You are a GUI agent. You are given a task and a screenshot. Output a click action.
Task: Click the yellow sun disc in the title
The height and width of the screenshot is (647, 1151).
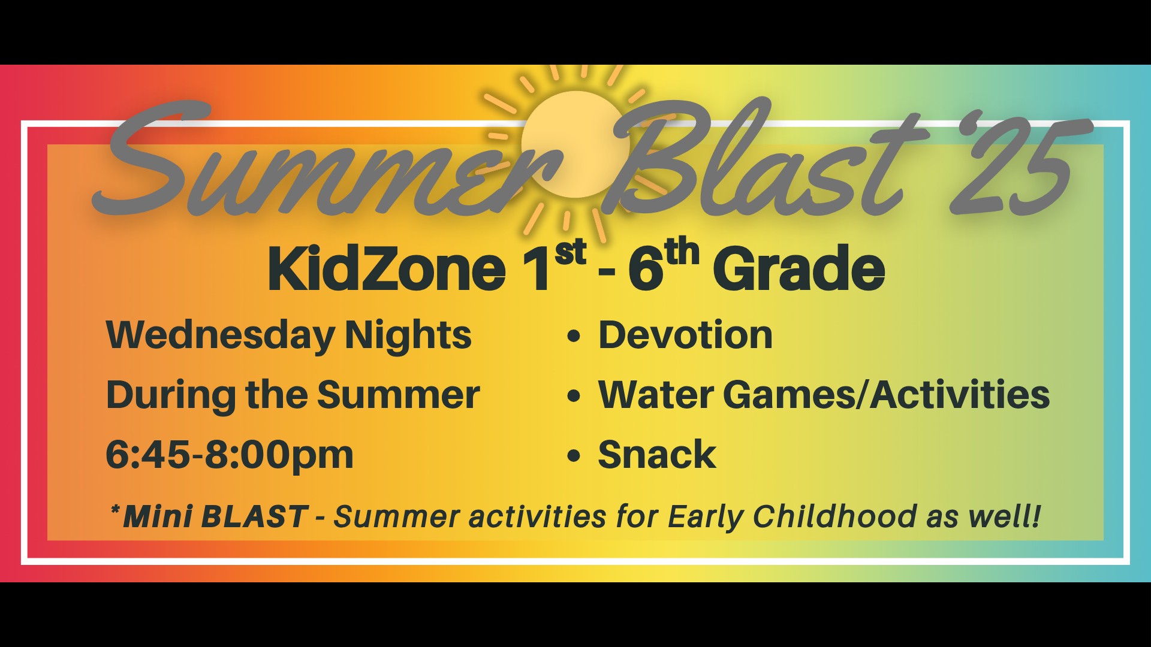tap(574, 144)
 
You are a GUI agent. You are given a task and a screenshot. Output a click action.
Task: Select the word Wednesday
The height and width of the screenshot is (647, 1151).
tap(221, 336)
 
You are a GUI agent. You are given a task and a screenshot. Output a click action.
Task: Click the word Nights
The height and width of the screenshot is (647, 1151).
tap(408, 336)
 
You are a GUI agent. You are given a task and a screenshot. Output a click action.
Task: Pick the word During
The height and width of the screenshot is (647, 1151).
tap(171, 396)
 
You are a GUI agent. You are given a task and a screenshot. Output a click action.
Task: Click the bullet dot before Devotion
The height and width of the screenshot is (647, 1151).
tap(574, 335)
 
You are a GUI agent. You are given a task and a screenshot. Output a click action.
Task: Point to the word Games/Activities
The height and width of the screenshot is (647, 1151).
tap(887, 395)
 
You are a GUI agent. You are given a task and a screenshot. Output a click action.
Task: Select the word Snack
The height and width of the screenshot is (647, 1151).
tap(657, 454)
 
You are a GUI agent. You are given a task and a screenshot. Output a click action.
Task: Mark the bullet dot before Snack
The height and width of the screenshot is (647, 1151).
tap(574, 455)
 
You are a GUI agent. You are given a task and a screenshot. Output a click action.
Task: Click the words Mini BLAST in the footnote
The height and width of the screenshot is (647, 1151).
tap(215, 516)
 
